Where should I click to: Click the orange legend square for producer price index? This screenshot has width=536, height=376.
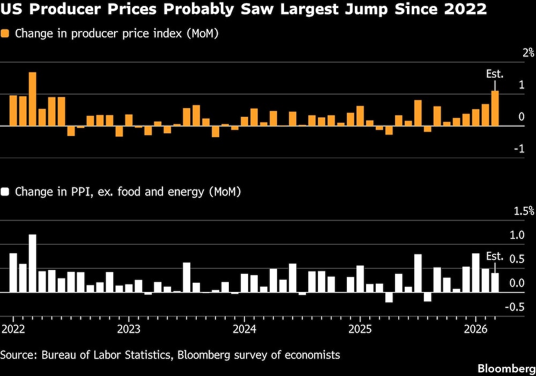click(6, 34)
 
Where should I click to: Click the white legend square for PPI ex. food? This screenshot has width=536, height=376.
click(6, 192)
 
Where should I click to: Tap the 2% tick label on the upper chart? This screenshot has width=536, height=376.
click(528, 53)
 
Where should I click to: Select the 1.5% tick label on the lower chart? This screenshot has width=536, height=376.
click(524, 211)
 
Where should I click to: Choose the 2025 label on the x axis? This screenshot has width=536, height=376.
click(360, 327)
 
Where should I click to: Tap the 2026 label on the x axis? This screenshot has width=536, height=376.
click(475, 327)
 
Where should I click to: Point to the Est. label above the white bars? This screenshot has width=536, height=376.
click(495, 257)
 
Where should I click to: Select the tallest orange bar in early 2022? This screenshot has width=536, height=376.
click(32, 99)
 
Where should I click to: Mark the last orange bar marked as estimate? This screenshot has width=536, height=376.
click(495, 109)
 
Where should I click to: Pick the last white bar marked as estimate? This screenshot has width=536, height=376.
click(495, 282)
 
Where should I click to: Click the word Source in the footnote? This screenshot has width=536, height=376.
click(17, 355)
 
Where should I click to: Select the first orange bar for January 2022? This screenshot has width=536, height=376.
click(13, 111)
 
